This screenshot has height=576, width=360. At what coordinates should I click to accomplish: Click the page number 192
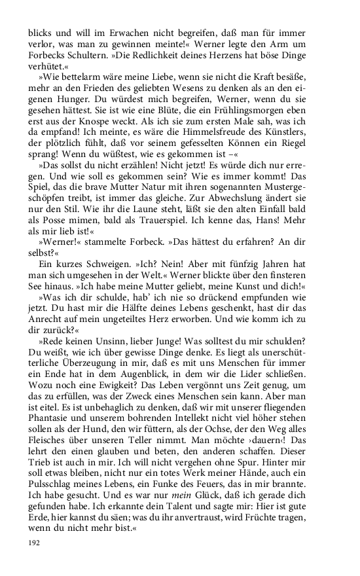(x=34, y=543)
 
